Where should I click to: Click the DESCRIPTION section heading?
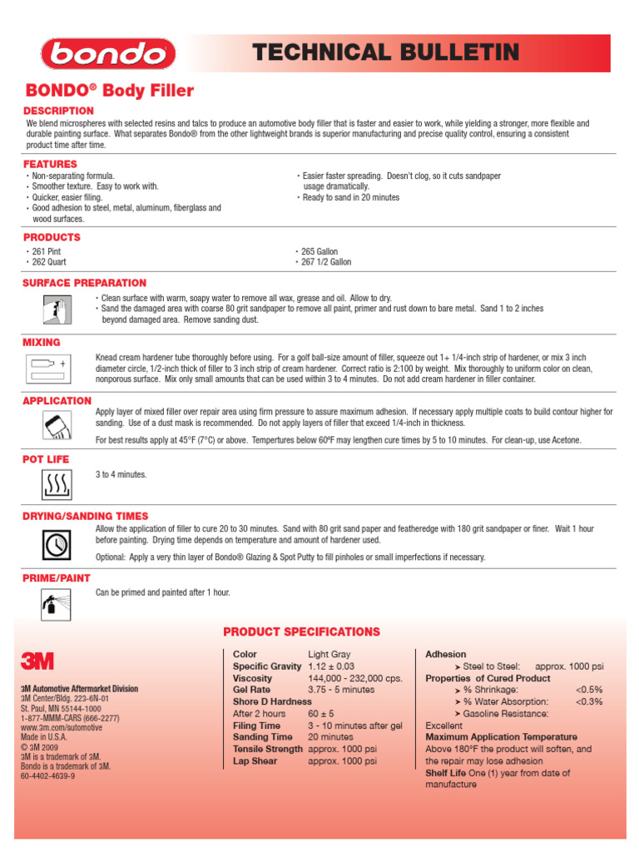[x=58, y=111]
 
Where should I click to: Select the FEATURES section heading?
[x=50, y=164]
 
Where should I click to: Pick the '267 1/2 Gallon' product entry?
[x=325, y=262]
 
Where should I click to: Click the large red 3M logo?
[x=37, y=661]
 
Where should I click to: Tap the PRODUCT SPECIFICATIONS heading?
[x=301, y=632]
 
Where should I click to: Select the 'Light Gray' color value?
[x=329, y=655]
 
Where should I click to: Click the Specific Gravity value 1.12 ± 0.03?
[x=331, y=666]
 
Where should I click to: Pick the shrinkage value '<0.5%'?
[x=589, y=690]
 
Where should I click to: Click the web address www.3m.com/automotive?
[x=62, y=727]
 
